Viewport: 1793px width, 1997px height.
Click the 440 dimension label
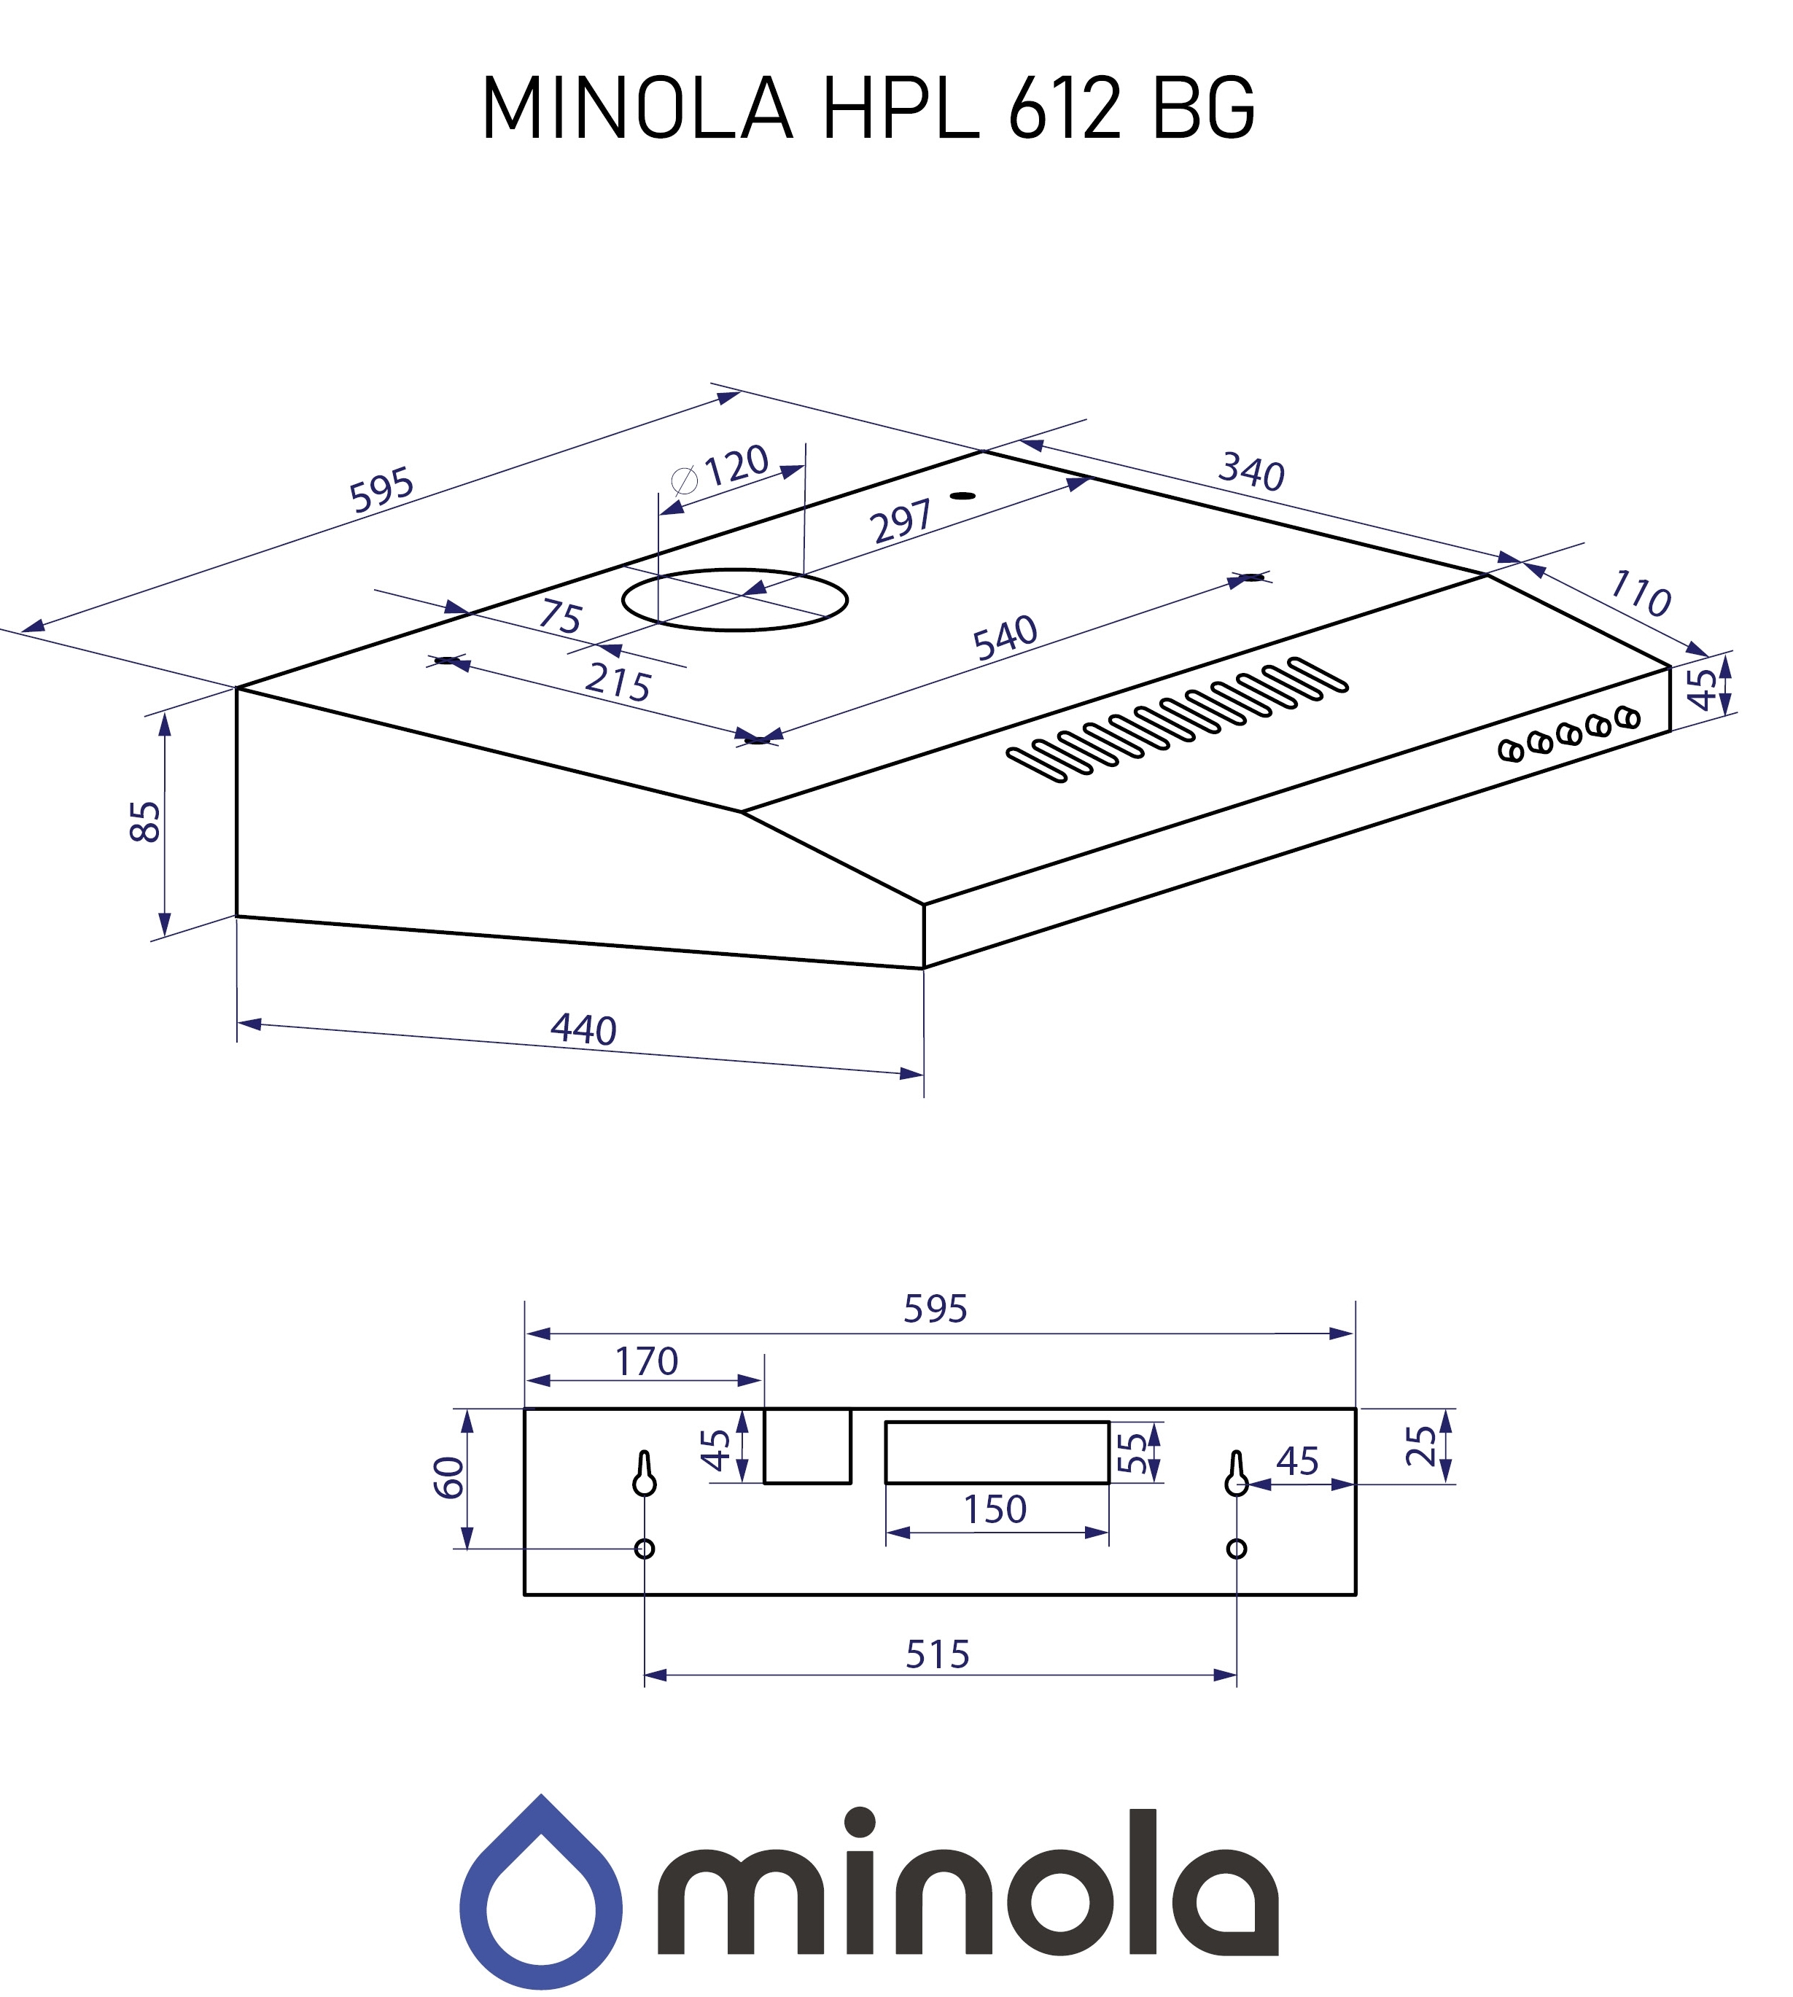tap(583, 1030)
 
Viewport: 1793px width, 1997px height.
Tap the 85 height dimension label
tap(146, 822)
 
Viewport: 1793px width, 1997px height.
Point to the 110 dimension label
tap(1639, 594)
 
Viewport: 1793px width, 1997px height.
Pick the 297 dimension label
tap(901, 521)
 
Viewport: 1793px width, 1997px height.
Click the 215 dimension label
tap(618, 682)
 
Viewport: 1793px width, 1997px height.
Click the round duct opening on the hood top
tap(735, 600)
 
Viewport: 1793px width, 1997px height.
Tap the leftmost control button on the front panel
tap(1509, 751)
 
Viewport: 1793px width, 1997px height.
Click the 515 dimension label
tap(937, 1655)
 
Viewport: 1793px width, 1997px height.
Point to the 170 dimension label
tap(646, 1361)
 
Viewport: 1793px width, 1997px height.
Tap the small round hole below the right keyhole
tap(1237, 1549)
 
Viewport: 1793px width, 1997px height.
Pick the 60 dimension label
tap(449, 1478)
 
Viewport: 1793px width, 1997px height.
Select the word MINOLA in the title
tap(637, 109)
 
